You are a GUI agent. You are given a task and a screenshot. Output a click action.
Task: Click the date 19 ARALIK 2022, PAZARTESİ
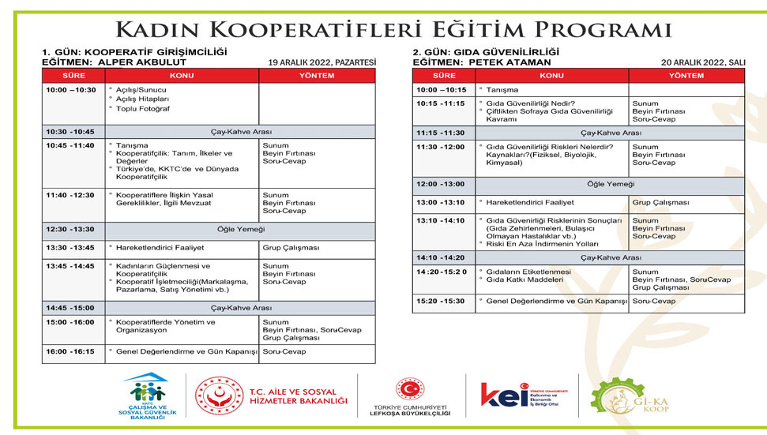(322, 62)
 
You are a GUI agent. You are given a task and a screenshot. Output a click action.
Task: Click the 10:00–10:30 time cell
(70, 90)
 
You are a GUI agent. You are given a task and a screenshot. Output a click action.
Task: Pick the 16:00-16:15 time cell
(70, 351)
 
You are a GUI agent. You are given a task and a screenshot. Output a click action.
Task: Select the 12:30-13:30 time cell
(70, 229)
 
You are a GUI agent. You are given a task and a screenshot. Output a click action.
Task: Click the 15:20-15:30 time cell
(440, 301)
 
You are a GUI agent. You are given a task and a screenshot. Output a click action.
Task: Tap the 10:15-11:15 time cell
(440, 103)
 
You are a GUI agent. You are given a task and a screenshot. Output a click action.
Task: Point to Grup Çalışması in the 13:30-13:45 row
(291, 248)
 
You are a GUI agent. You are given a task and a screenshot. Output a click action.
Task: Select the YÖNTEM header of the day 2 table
(686, 76)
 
